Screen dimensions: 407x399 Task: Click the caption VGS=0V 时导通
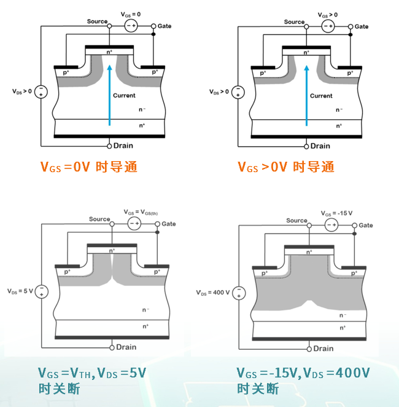click(88, 167)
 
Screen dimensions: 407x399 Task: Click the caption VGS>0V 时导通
click(285, 167)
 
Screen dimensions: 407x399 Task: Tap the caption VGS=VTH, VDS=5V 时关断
click(92, 381)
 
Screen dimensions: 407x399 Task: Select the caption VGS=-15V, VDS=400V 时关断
click(303, 381)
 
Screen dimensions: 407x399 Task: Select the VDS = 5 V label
click(20, 291)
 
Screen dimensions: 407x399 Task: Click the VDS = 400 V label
click(214, 292)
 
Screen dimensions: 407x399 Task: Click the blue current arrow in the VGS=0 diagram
click(109, 92)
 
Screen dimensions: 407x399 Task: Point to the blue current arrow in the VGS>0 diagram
click(306, 92)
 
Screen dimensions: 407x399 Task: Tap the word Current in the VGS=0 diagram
click(124, 96)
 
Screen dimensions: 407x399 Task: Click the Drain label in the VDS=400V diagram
click(322, 349)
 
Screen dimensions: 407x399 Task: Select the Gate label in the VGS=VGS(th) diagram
click(169, 224)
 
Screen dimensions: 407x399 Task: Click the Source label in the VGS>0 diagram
click(294, 22)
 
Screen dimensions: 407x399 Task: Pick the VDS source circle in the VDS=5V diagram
click(41, 291)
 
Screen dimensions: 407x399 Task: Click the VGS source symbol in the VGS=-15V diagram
click(331, 226)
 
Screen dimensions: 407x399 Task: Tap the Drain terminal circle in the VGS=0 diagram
click(109, 146)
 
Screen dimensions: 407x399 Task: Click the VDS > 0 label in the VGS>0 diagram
click(219, 92)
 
